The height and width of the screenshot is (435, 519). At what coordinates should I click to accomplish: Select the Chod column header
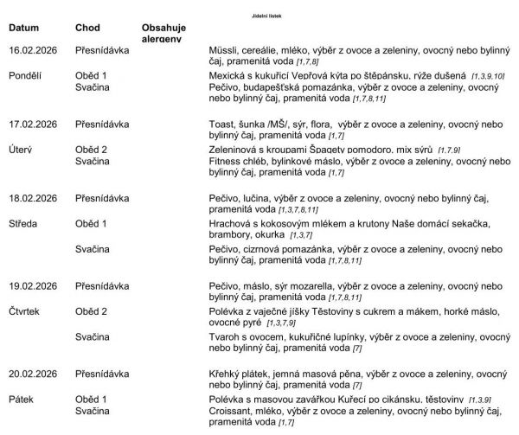pos(88,28)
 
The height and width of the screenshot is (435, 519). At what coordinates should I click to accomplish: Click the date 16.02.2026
pos(33,51)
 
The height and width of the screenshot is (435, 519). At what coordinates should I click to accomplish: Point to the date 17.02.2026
pos(33,125)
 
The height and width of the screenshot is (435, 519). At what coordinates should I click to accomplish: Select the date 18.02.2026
pos(33,198)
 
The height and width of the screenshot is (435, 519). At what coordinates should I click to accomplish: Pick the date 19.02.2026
pos(33,285)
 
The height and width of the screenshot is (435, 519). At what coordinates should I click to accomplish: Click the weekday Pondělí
pos(26,76)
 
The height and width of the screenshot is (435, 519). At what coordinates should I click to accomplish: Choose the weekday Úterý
pos(22,150)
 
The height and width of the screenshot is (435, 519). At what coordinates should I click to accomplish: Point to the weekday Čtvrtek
pos(25,310)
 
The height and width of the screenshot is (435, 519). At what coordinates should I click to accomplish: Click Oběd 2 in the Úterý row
pos(92,150)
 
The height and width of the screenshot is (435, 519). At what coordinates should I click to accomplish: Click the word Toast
pos(224,125)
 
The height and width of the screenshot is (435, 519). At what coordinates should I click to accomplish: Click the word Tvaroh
pos(227,336)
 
